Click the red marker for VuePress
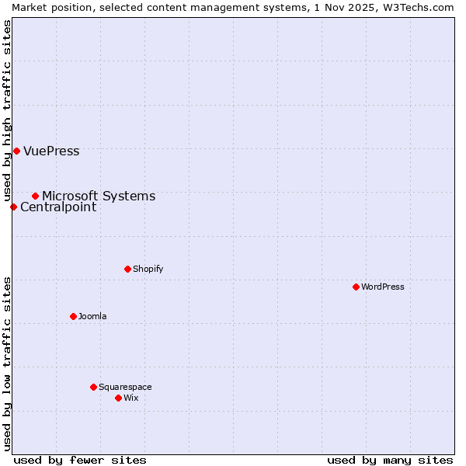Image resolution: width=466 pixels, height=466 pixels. pyautogui.click(x=16, y=151)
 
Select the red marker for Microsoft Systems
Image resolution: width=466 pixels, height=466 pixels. pyautogui.click(x=35, y=196)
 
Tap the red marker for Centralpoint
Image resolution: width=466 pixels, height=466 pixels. pyautogui.click(x=13, y=207)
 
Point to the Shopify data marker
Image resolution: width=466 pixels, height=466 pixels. pyautogui.click(x=127, y=269)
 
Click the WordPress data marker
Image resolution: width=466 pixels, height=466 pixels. pyautogui.click(x=356, y=287)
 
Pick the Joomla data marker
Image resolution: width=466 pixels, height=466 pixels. pyautogui.click(x=73, y=316)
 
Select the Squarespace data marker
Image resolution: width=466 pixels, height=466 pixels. pyautogui.click(x=93, y=387)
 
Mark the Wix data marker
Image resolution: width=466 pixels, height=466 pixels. pyautogui.click(x=118, y=398)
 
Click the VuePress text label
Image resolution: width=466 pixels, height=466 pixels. pyautogui.click(x=51, y=151)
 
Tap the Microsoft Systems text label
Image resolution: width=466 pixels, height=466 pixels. pyautogui.click(x=99, y=196)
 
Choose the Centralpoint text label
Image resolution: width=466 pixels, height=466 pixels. pyautogui.click(x=58, y=207)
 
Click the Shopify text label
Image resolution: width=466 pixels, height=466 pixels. pyautogui.click(x=148, y=269)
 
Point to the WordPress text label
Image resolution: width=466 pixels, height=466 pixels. pyautogui.click(x=382, y=287)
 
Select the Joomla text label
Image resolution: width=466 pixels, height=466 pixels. pyautogui.click(x=92, y=316)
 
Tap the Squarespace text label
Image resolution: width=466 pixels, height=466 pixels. pyautogui.click(x=125, y=387)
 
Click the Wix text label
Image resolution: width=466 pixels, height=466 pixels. pyautogui.click(x=130, y=398)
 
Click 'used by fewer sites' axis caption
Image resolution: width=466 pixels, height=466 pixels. pyautogui.click(x=80, y=460)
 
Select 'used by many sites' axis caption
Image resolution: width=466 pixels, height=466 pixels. pyautogui.click(x=390, y=460)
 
